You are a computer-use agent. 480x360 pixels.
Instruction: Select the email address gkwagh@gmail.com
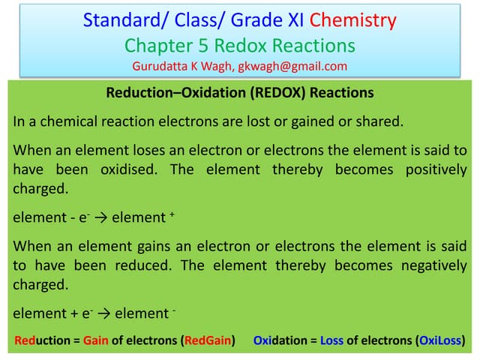click(292, 66)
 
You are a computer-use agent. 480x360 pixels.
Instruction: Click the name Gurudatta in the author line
click(161, 66)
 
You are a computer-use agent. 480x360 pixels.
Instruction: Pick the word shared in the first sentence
click(373, 121)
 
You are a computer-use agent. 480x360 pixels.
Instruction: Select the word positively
click(435, 169)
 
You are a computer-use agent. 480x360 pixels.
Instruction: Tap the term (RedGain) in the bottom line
click(207, 340)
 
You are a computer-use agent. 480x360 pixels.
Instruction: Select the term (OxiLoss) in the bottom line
click(439, 340)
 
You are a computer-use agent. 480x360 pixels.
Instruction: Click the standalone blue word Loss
click(331, 340)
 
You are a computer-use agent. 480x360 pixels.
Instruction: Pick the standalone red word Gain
click(96, 340)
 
